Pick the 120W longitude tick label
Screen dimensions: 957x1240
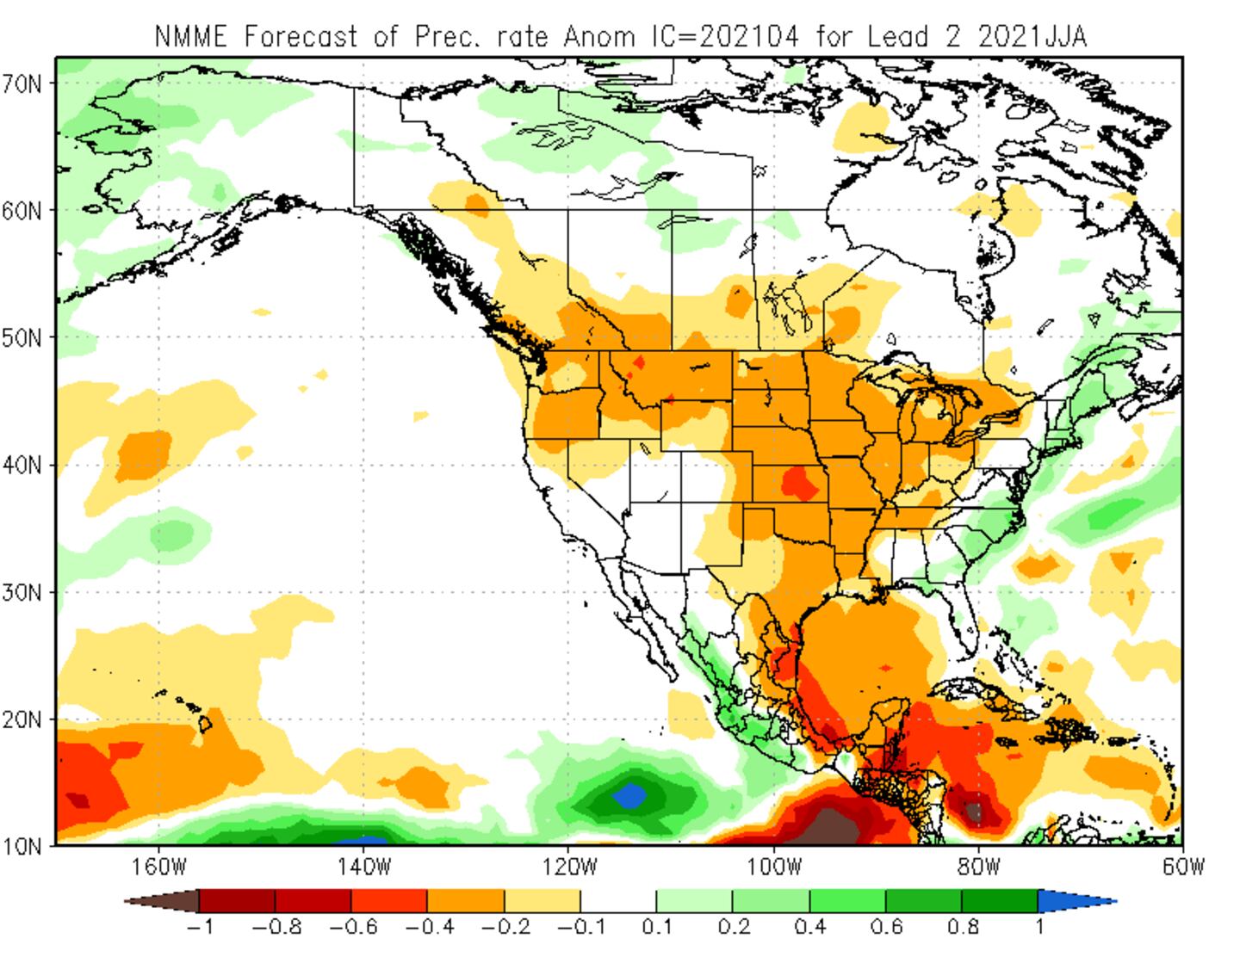567,866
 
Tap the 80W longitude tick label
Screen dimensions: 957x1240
978,866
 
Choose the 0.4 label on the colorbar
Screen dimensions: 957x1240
809,928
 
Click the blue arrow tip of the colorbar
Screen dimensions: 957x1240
1076,901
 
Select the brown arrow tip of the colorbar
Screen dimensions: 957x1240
162,901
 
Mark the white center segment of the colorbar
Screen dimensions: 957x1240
617,901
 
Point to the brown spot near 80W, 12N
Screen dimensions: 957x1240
974,812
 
